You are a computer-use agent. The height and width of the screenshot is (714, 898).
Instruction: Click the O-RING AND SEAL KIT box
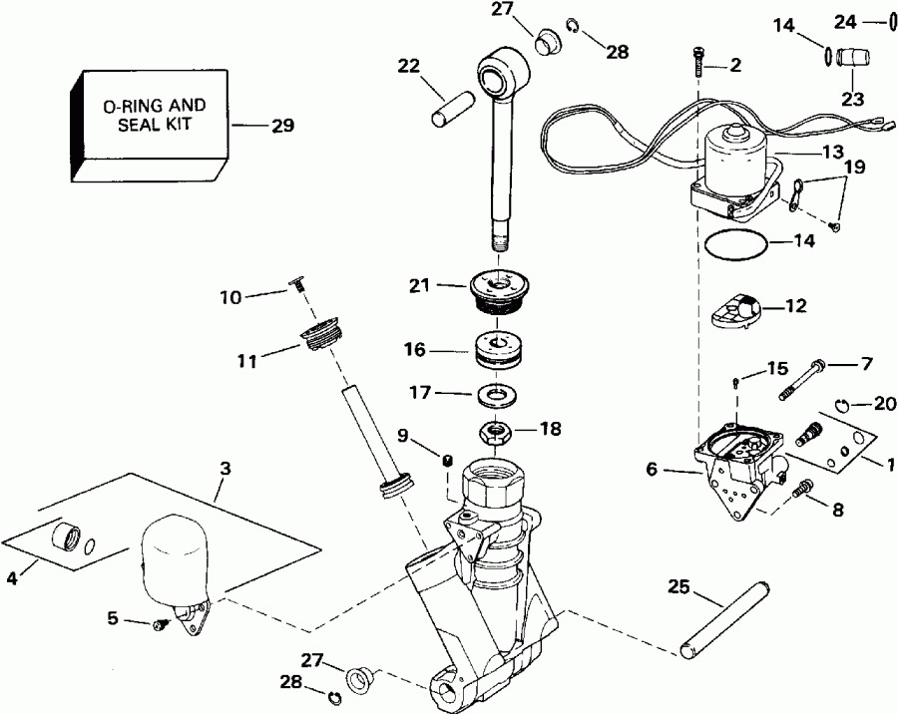tap(150, 126)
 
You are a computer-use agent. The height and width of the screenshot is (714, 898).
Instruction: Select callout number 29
tap(283, 126)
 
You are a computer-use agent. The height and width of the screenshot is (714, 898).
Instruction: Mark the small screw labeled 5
tap(160, 624)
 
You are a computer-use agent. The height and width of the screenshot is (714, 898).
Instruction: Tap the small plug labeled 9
tap(449, 459)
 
